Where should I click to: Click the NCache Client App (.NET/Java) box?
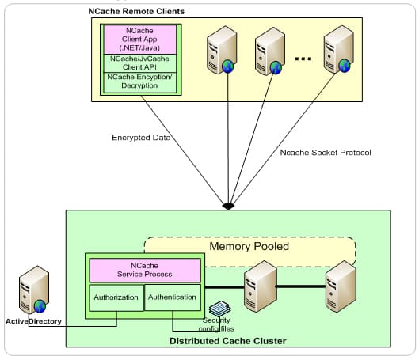click(x=139, y=40)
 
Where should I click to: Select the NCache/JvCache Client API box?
click(x=139, y=63)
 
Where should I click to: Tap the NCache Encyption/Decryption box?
click(x=139, y=82)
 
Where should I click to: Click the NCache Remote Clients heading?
click(x=136, y=12)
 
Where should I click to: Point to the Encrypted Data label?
click(x=141, y=138)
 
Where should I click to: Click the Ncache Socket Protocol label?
click(x=326, y=153)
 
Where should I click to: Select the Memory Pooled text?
click(x=249, y=246)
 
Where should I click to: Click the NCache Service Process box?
click(x=145, y=270)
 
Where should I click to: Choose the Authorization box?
click(x=116, y=297)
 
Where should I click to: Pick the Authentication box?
click(x=173, y=297)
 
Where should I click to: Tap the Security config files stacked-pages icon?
click(x=219, y=309)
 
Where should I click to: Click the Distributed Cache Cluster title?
click(x=228, y=341)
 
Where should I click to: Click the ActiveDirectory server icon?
click(x=34, y=290)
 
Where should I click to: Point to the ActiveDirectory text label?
click(x=34, y=321)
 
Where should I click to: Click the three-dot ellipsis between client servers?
click(x=303, y=59)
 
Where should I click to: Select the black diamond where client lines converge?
click(x=228, y=206)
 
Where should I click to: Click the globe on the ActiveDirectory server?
click(x=40, y=306)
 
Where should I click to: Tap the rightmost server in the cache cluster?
click(x=341, y=286)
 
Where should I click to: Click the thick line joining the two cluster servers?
click(x=301, y=286)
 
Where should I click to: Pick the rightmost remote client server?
click(x=339, y=49)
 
